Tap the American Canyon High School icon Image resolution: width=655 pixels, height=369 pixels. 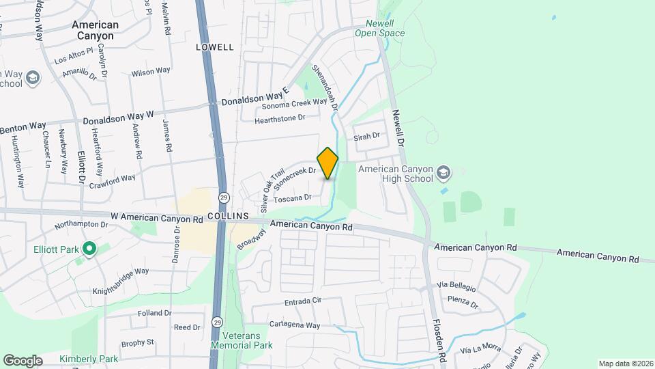444,172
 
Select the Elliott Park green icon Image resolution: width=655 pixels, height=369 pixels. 88,249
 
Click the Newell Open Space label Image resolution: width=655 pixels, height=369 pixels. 380,27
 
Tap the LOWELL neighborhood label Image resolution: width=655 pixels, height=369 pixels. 214,47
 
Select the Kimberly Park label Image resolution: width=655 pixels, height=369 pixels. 89,359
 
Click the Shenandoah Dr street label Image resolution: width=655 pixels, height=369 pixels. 325,87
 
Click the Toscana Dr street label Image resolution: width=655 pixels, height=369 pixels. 292,198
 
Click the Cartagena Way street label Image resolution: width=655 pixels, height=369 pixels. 294,325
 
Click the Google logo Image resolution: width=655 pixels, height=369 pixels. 23,360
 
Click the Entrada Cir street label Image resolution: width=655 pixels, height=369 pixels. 303,301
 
